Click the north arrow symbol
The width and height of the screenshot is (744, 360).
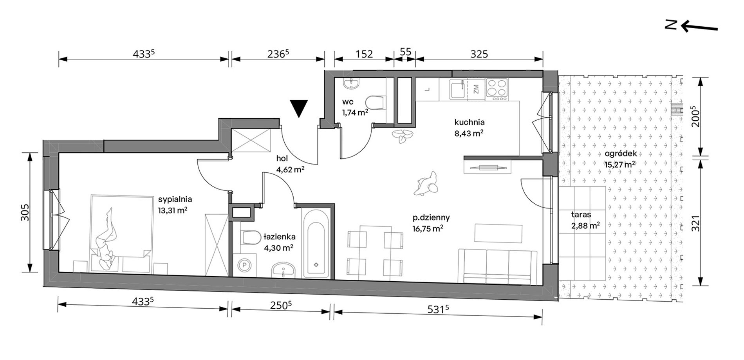(692, 26)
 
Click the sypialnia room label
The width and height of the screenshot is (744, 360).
(175, 199)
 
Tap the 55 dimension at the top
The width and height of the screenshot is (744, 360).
(405, 52)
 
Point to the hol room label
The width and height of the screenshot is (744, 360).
(282, 159)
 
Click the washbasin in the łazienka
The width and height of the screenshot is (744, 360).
(283, 270)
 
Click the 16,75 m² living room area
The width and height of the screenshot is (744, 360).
(428, 228)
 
